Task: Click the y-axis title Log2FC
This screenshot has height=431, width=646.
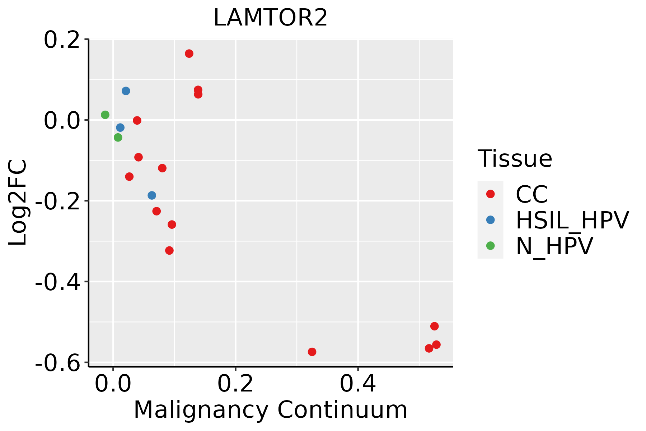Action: (x=18, y=203)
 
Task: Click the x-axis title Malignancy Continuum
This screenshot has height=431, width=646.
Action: (x=270, y=410)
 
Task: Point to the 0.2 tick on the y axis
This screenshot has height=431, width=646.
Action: (x=61, y=40)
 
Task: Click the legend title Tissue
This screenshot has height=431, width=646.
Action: (x=515, y=159)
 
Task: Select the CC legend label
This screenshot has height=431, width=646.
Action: (x=532, y=194)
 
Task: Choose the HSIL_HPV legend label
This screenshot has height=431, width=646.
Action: (x=572, y=220)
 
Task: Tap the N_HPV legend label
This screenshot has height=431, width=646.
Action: (x=554, y=246)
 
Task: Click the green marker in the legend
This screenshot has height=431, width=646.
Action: (x=490, y=246)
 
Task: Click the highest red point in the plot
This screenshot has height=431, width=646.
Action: (x=189, y=54)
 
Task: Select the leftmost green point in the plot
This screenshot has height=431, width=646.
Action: (x=105, y=115)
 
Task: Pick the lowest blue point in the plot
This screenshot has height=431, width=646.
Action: (x=152, y=195)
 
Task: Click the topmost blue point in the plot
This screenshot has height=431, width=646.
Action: (x=126, y=91)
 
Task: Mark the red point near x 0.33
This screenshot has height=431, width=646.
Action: (x=312, y=352)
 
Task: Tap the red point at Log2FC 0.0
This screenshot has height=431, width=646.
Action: (x=137, y=120)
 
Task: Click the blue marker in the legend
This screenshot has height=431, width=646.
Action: (x=490, y=220)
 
